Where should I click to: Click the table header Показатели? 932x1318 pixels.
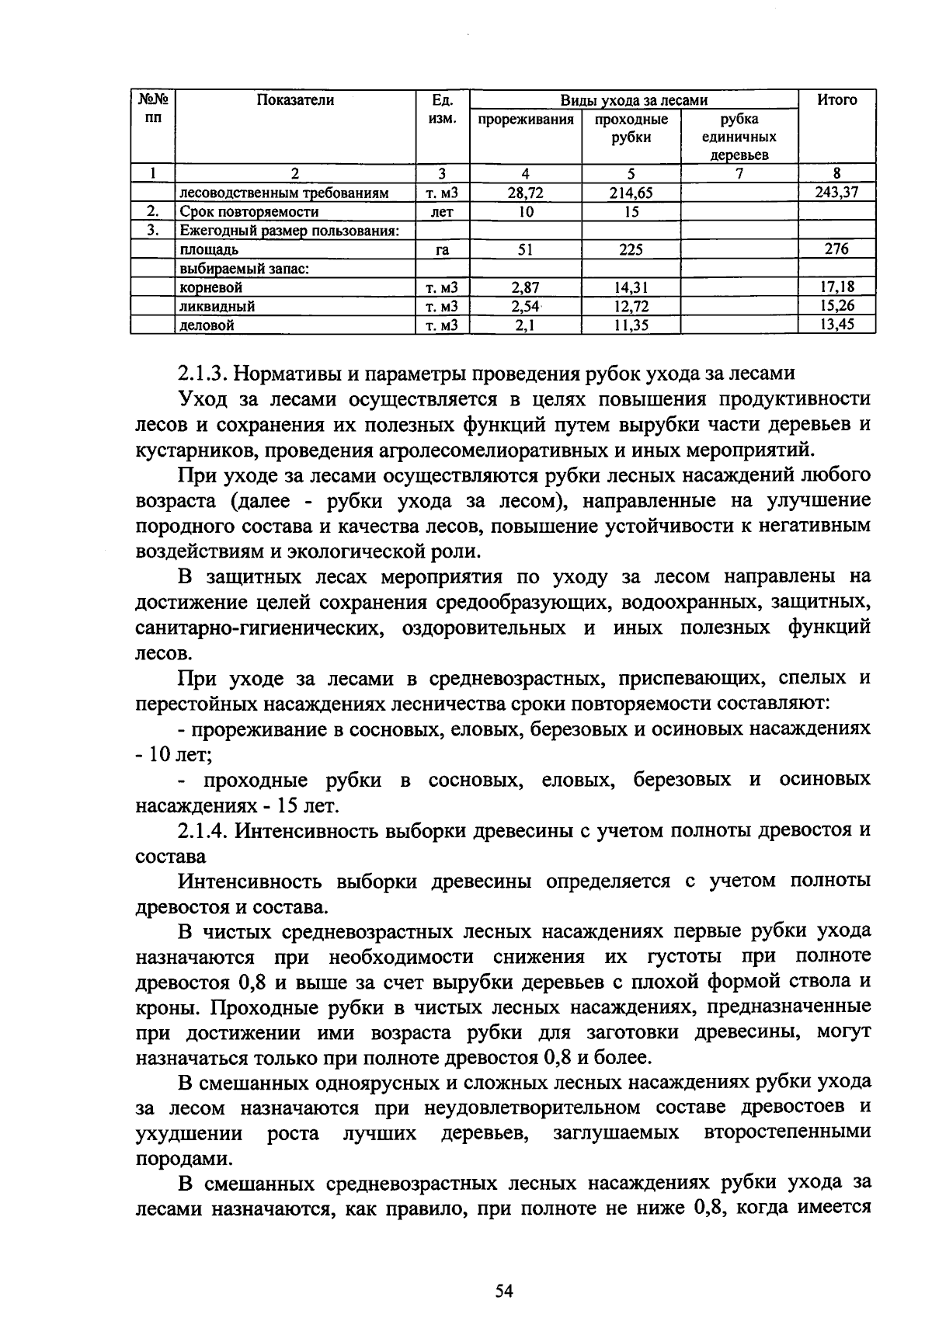[296, 101]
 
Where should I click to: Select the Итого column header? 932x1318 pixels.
[836, 100]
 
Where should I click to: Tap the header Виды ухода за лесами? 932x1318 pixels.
[634, 100]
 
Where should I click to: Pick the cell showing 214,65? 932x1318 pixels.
[631, 193]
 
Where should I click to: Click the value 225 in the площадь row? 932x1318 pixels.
[631, 249]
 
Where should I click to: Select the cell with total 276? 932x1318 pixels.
[836, 249]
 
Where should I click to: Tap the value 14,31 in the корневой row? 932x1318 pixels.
[631, 287]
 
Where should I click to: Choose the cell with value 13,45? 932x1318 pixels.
[836, 325]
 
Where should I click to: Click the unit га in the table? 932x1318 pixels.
[442, 250]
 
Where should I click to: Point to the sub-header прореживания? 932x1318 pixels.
[526, 120]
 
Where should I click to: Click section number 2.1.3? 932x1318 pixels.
[203, 374]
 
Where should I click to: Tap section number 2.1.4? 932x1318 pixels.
[203, 831]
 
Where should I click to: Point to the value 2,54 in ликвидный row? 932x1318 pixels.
[525, 306]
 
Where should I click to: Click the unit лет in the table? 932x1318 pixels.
[441, 212]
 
